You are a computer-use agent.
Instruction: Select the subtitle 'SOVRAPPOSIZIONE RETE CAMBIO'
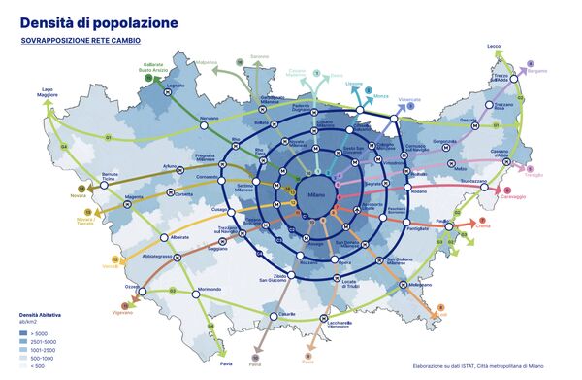pos(81,42)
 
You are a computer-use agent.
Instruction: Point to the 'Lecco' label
pos(494,46)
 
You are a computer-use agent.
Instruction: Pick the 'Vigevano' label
pos(121,313)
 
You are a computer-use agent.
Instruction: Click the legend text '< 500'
pos(38,366)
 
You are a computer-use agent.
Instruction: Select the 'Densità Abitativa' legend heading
pos(42,316)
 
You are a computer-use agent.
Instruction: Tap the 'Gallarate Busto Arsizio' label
pos(154,68)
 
